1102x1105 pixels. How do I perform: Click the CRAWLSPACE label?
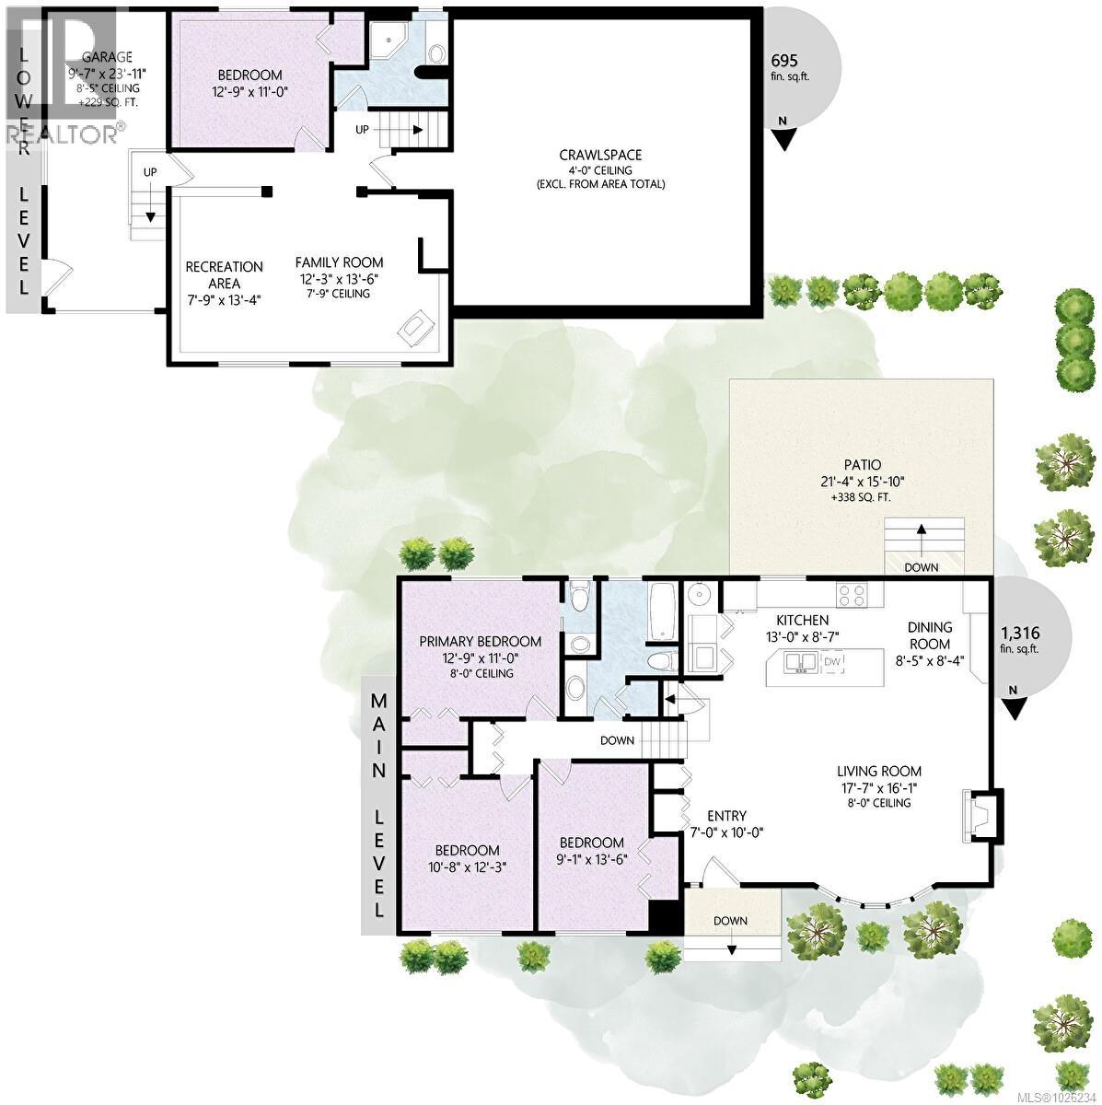[600, 155]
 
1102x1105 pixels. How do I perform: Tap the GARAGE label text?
[107, 56]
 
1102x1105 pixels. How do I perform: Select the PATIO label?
[861, 464]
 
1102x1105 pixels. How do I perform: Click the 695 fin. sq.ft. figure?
[784, 60]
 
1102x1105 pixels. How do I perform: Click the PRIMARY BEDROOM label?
[480, 642]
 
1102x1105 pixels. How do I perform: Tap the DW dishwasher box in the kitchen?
[831, 661]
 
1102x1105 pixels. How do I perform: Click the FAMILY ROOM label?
[339, 262]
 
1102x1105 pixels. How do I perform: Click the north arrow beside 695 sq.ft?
[783, 136]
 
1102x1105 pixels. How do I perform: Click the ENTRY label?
[726, 816]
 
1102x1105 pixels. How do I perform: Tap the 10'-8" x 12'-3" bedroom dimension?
[468, 867]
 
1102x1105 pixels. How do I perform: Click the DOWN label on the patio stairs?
[922, 567]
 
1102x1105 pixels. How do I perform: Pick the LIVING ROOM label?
[878, 772]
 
